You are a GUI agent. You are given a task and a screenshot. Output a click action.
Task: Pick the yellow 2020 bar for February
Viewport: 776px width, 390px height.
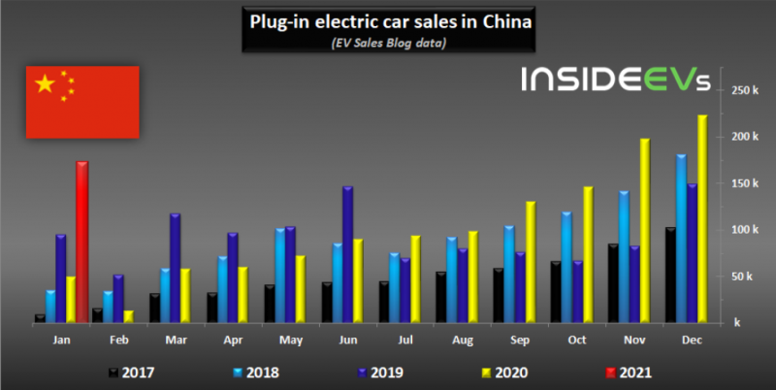click(129, 315)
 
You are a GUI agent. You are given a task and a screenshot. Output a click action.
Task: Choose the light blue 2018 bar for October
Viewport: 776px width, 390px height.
click(566, 266)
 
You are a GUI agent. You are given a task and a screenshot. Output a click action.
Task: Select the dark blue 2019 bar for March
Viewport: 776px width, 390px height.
click(176, 267)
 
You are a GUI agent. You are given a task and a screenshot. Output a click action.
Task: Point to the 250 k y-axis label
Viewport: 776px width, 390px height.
click(744, 90)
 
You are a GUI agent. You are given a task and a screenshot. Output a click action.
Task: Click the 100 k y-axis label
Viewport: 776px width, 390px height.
click(744, 230)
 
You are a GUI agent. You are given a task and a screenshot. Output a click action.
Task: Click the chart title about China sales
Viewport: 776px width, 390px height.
click(387, 21)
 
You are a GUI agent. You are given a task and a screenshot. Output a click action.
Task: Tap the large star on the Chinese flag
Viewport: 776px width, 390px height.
click(45, 84)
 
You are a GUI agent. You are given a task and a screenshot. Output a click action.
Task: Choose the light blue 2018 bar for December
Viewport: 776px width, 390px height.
click(681, 238)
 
